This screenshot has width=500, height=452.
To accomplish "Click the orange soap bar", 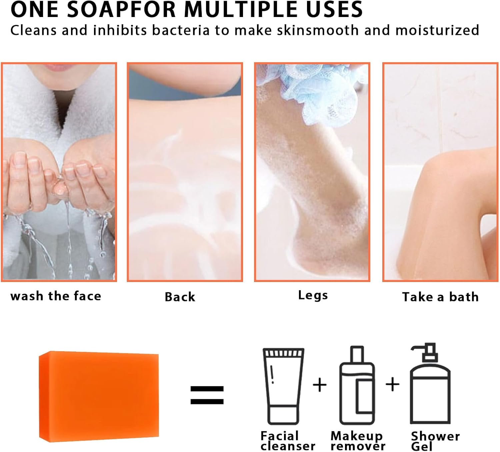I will click(x=99, y=396).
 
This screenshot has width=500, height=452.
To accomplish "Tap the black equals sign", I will click(x=207, y=395).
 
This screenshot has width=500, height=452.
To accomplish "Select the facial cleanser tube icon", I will click(x=283, y=386).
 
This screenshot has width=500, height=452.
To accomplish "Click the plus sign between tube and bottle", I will click(x=320, y=385).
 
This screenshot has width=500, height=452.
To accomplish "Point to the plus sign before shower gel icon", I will click(x=392, y=384).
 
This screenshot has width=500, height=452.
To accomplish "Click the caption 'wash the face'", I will click(x=56, y=296).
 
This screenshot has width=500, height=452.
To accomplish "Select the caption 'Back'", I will click(x=180, y=297).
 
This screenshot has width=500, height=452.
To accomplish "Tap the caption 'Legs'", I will click(x=313, y=295).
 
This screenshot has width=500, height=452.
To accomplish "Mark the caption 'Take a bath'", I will click(x=440, y=297).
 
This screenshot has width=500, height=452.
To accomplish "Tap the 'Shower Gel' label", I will click(x=435, y=441).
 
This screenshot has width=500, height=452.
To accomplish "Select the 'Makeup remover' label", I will click(x=357, y=441).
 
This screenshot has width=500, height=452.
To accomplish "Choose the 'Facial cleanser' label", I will click(x=287, y=441).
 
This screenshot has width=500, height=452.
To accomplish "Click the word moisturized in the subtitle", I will click(x=437, y=30).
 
